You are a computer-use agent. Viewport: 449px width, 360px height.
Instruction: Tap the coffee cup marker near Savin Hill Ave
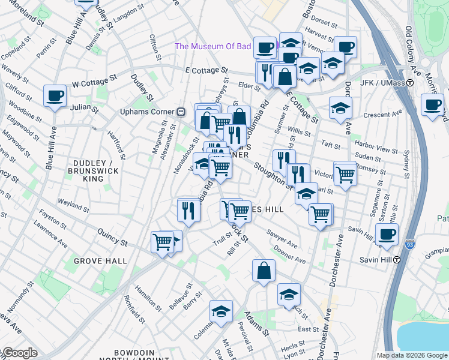click(x=387, y=234)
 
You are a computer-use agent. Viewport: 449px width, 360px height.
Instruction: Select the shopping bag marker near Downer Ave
click(x=264, y=271)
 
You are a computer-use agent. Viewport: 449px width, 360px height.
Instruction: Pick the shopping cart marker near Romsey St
click(x=345, y=174)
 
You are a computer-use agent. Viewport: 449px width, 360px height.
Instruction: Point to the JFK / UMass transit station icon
click(x=411, y=83)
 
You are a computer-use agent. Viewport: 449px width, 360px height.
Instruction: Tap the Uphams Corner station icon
click(x=179, y=112)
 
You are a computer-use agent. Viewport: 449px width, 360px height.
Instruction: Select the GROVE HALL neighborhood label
click(x=100, y=261)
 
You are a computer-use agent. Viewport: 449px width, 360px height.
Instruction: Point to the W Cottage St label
click(x=94, y=81)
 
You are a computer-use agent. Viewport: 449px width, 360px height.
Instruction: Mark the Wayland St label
click(x=74, y=205)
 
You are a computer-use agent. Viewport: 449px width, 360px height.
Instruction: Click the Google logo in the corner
click(x=19, y=353)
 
